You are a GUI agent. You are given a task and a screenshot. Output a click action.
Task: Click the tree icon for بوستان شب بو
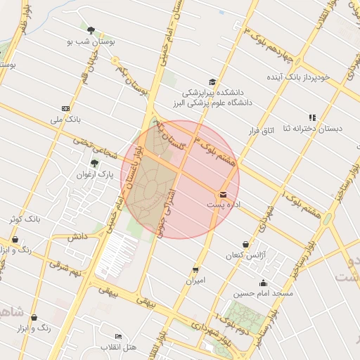coord(91,30)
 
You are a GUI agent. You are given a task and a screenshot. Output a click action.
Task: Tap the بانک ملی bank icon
coord(65,108)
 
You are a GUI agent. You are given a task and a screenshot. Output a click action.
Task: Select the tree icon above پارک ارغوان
coord(94,163)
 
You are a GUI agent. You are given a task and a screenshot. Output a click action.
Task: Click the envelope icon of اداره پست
coord(224,194)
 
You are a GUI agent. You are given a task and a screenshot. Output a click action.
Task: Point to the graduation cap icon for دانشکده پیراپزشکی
coord(212,82)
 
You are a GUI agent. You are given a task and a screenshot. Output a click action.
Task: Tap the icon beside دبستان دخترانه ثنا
coord(312,117)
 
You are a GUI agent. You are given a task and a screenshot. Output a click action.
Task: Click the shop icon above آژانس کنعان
coord(245,244)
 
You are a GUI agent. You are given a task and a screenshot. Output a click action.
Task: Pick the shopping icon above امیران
coord(195,269)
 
